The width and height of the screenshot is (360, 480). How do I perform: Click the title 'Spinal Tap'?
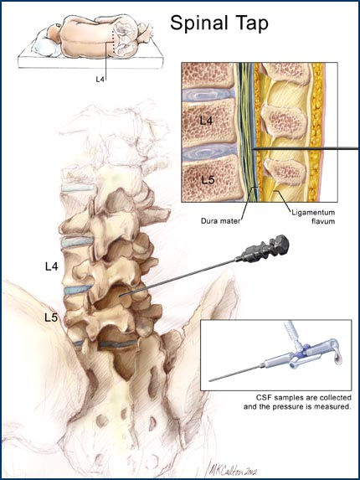219,23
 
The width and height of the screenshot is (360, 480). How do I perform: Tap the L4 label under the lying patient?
100,80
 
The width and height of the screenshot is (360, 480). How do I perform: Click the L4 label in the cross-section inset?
206,121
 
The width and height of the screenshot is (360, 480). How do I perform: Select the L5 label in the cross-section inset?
208,180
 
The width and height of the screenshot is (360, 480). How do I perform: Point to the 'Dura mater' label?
220,220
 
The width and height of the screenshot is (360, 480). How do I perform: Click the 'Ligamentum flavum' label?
313,216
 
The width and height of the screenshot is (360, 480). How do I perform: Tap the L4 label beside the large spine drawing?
51,266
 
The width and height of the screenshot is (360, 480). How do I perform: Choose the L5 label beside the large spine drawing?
51,317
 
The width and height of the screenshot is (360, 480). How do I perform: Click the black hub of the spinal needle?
265,249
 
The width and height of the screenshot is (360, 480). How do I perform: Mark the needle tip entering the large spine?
121,296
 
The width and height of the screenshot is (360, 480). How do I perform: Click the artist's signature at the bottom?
233,468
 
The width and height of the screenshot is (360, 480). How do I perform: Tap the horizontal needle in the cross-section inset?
306,149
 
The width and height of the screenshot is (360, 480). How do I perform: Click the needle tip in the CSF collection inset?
210,381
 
